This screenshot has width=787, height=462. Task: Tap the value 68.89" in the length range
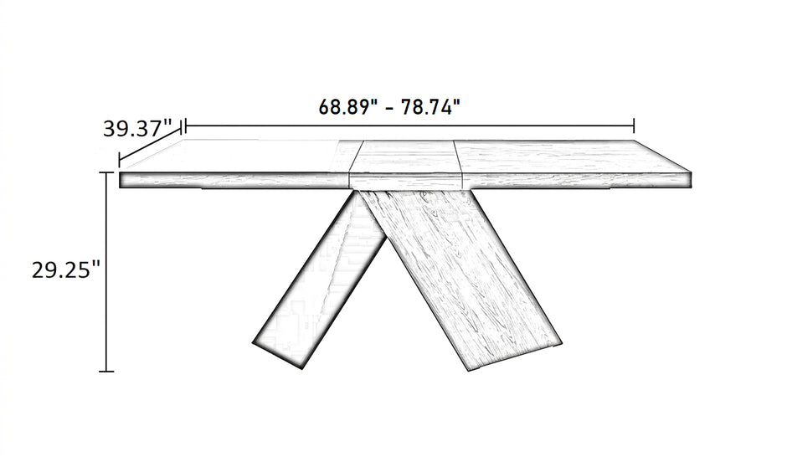[347, 107]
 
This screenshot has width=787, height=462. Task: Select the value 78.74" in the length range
[430, 107]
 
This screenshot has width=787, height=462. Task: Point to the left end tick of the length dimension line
[186, 126]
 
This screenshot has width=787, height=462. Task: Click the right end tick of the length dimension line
[635, 126]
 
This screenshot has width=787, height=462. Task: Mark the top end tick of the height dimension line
[105, 172]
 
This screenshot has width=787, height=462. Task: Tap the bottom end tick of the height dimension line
[105, 372]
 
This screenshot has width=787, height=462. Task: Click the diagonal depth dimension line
[150, 146]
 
